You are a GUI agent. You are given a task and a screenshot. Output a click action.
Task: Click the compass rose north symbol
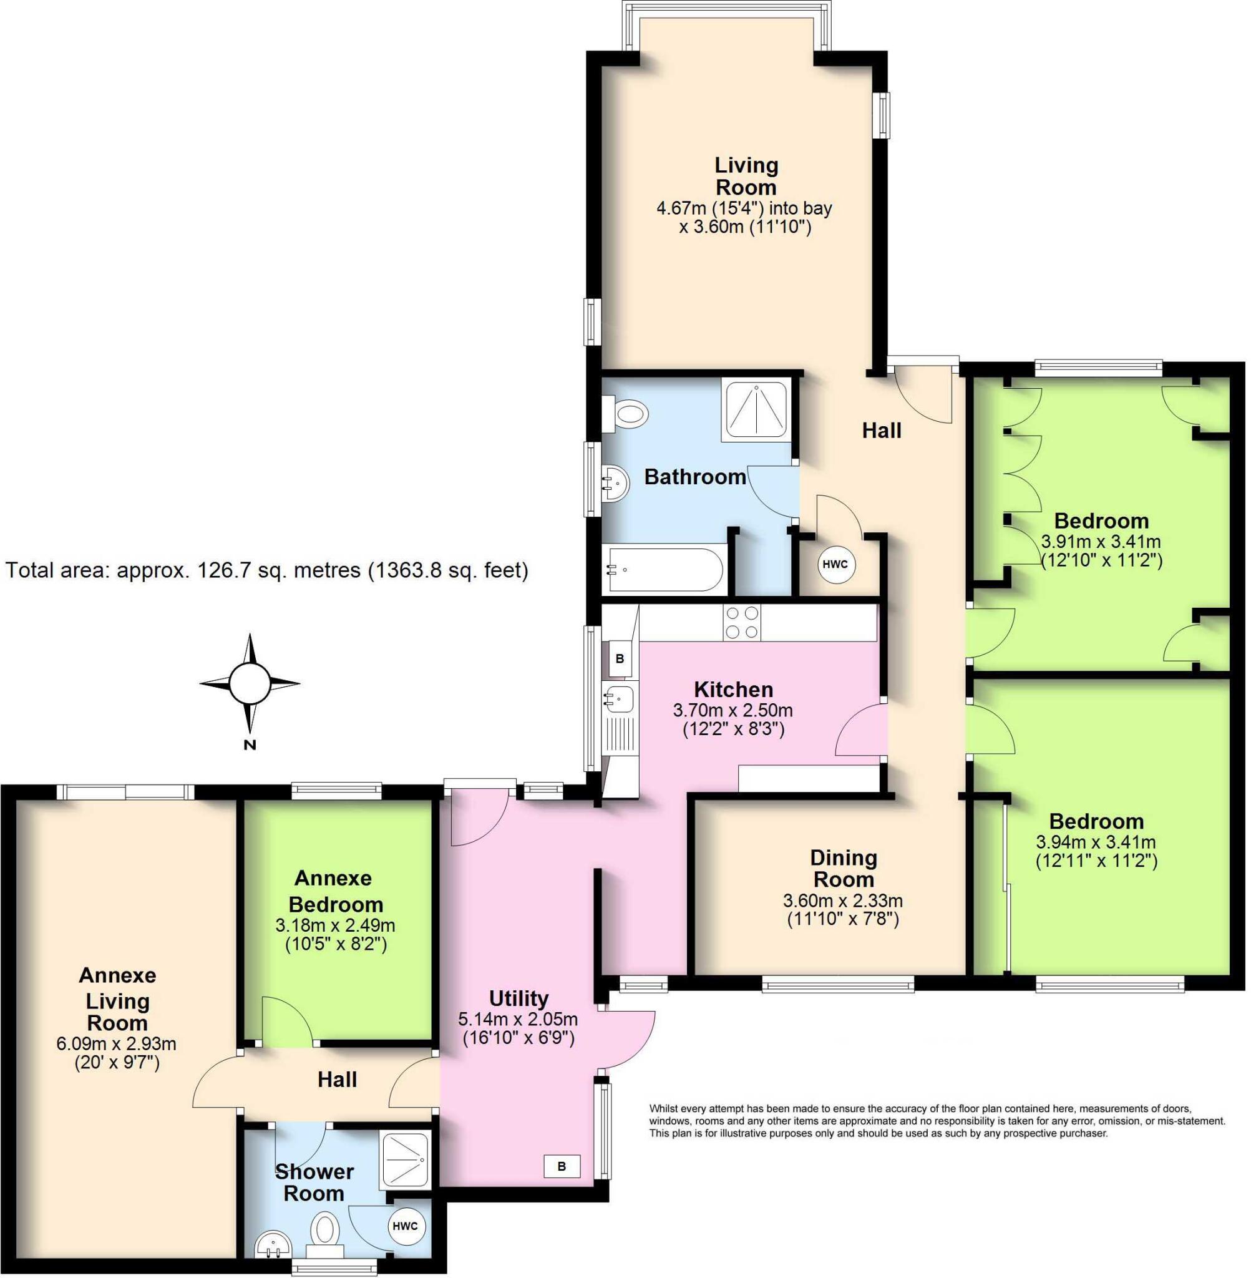[x=250, y=683]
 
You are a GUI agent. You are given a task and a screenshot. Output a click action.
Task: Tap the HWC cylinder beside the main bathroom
[x=835, y=564]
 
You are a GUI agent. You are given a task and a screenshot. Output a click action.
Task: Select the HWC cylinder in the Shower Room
[x=406, y=1226]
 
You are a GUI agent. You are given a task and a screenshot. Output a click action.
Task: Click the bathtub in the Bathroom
[x=664, y=570]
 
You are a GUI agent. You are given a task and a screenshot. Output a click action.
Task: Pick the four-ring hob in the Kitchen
[x=742, y=622]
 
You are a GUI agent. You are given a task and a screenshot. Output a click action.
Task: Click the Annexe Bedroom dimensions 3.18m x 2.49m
[x=335, y=926]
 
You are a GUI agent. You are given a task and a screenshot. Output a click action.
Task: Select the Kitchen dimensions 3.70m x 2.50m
[x=733, y=710]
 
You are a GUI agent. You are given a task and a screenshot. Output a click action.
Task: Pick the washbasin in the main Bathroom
[x=616, y=484]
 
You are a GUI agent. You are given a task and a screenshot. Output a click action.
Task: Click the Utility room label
[x=518, y=998]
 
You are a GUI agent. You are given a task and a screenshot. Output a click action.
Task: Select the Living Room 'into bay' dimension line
[x=744, y=208]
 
